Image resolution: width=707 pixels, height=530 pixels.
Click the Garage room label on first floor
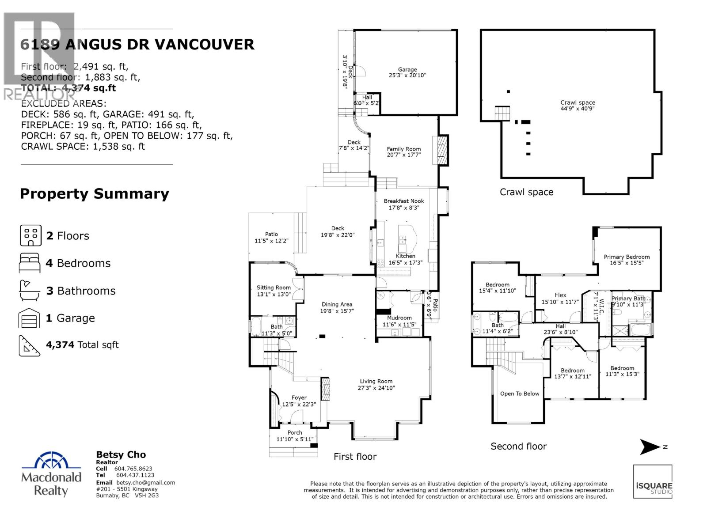point(407,69)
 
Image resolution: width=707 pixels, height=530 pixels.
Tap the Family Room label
point(404,149)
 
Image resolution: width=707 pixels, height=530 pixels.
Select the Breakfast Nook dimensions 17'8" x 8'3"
point(403,208)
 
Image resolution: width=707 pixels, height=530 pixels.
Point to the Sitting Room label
point(274,288)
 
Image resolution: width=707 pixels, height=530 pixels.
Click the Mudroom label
point(399,318)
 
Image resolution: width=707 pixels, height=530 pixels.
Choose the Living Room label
point(376,381)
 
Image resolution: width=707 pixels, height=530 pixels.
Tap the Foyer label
point(299,397)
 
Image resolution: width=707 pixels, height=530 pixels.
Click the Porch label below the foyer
point(295,432)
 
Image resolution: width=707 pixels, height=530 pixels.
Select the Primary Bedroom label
point(627,257)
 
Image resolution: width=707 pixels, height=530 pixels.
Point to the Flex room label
point(560,295)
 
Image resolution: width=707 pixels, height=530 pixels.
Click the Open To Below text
point(520,394)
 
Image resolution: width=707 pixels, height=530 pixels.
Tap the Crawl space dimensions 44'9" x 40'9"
point(578,108)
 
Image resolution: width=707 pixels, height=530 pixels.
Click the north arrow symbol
point(650,447)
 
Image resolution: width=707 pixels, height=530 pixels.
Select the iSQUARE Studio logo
point(653,481)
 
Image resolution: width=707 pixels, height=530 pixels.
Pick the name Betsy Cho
point(121,455)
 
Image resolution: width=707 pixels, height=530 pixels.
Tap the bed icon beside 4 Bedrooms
point(30,263)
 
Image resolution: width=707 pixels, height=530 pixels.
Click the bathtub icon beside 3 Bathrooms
point(30,291)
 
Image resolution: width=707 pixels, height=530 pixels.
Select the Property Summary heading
point(95,194)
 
